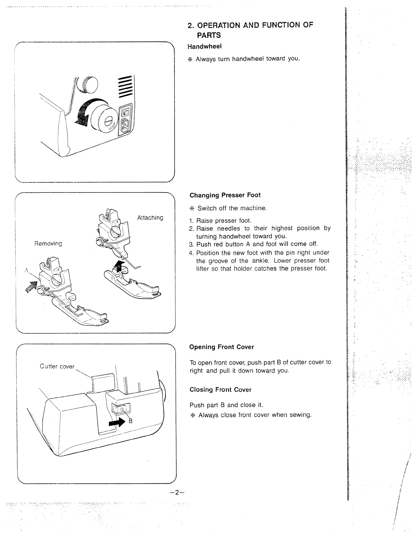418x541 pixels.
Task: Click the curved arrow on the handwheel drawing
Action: (x=83, y=113)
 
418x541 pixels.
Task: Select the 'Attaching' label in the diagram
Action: (x=150, y=218)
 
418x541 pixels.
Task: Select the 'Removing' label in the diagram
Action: (x=48, y=244)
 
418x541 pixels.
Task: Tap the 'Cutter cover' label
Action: (x=57, y=366)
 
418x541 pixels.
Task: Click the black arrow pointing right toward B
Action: (x=116, y=423)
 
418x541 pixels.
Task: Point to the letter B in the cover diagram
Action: (x=130, y=421)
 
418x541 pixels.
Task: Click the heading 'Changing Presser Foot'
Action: (x=225, y=195)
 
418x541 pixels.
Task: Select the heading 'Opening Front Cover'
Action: (x=222, y=347)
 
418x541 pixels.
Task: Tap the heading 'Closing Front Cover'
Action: (x=220, y=390)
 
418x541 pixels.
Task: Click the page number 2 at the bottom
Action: (x=176, y=492)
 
